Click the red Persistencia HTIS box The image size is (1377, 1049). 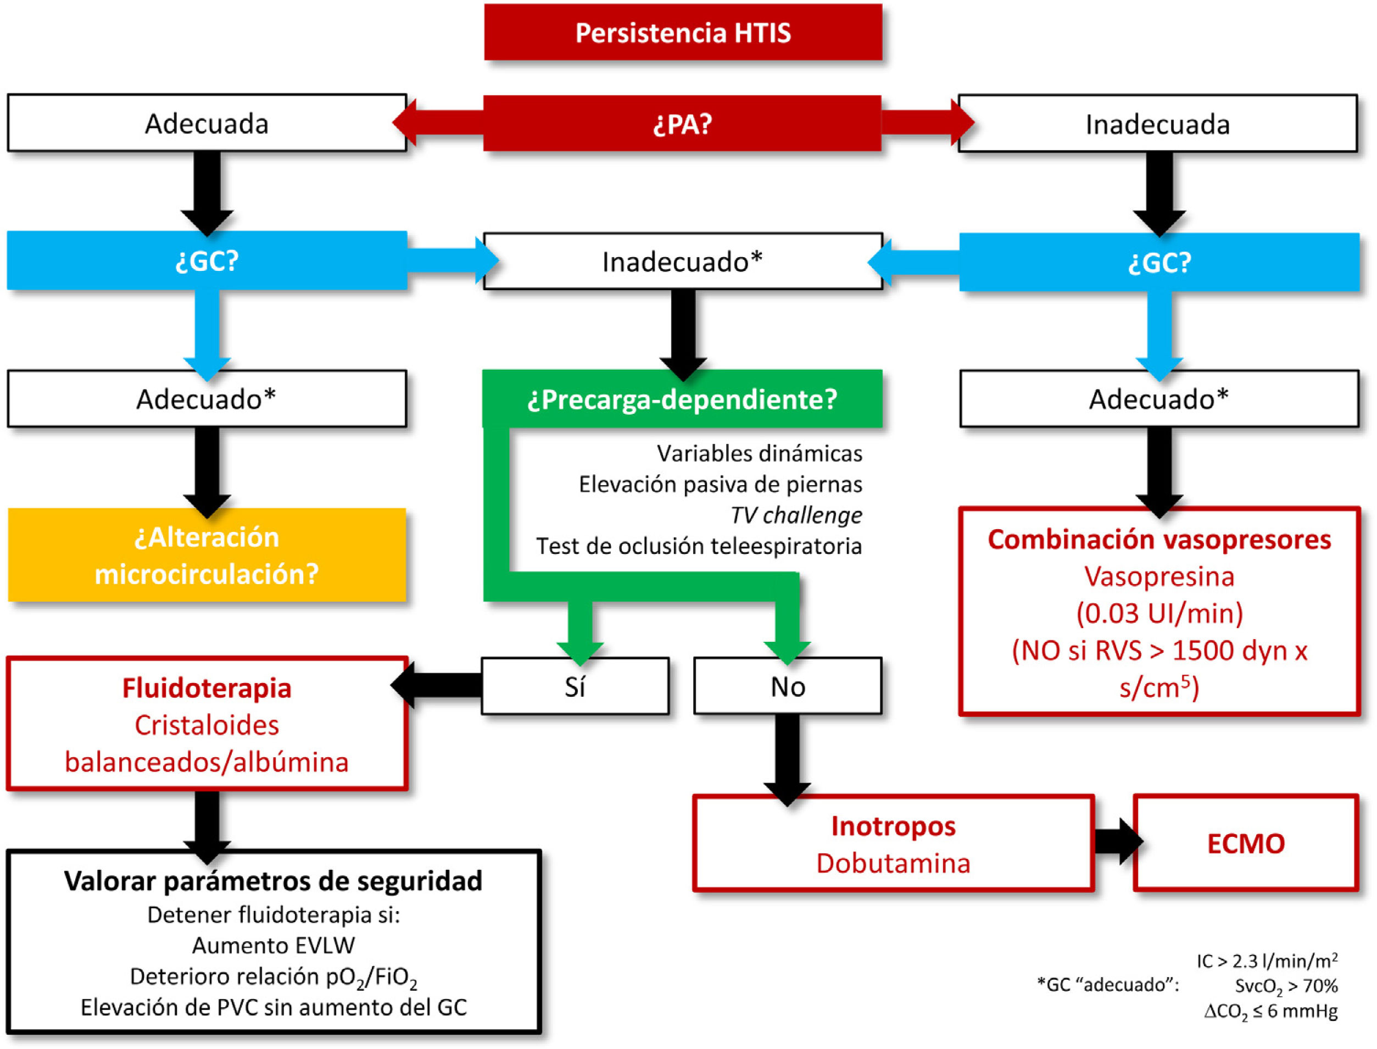tap(683, 32)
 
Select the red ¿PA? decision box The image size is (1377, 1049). tap(682, 124)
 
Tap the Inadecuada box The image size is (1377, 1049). tap(1157, 124)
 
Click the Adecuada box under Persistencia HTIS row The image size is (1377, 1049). tap(207, 123)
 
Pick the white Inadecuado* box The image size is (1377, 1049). tap(683, 262)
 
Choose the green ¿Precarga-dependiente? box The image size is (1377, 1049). tap(682, 399)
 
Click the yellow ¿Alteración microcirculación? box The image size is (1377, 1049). tap(207, 555)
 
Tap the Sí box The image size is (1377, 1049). tap(575, 686)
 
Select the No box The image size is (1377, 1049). tap(788, 686)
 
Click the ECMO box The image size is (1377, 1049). tap(1246, 843)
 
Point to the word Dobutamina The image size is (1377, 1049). tap(893, 863)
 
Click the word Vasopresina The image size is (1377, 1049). tap(1159, 576)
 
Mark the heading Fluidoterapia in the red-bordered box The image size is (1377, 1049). tap(207, 688)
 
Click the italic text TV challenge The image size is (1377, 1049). tap(796, 515)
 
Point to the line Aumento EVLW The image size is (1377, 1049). tap(274, 945)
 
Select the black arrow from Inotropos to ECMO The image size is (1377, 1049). tap(1117, 842)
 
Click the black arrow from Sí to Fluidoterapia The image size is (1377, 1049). tap(437, 685)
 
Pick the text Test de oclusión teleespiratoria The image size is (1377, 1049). tap(699, 546)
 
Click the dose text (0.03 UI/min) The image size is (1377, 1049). tap(1159, 613)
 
